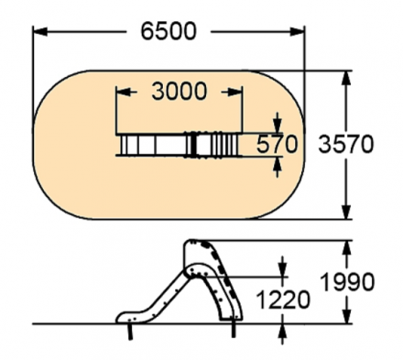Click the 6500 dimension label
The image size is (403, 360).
(169, 31)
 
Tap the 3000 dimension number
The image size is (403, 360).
(180, 92)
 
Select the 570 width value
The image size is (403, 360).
(277, 144)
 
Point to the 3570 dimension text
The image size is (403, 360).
(345, 144)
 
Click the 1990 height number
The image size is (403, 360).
(348, 281)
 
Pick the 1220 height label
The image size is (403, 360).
(283, 300)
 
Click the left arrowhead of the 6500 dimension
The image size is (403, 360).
(40, 31)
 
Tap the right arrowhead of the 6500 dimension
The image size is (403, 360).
(297, 31)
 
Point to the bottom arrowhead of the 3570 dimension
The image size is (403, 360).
(346, 212)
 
